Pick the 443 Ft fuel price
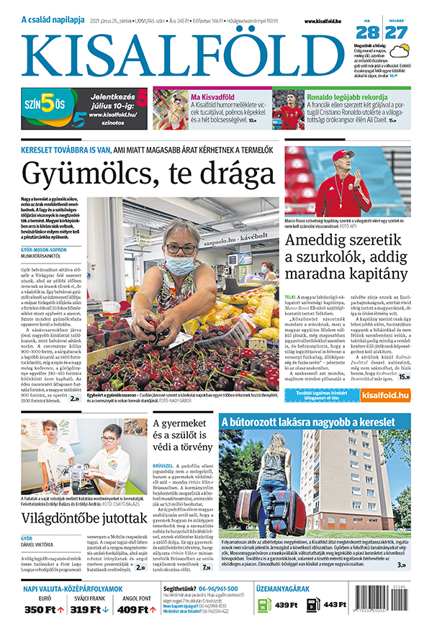click(x=335, y=605)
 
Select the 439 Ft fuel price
click(x=287, y=605)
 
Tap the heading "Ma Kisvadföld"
click(x=214, y=96)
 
